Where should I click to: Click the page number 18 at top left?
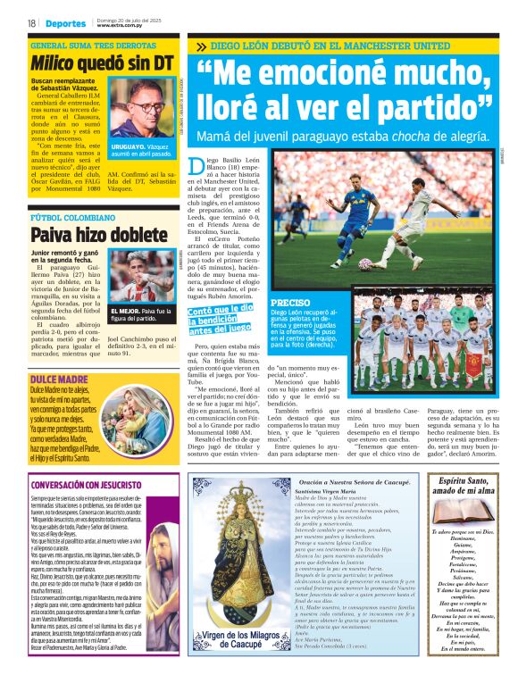(x=31, y=23)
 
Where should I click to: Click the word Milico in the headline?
(x=57, y=63)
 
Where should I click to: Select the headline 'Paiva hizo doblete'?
(x=87, y=234)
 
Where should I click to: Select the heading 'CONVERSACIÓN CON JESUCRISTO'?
(x=86, y=486)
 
